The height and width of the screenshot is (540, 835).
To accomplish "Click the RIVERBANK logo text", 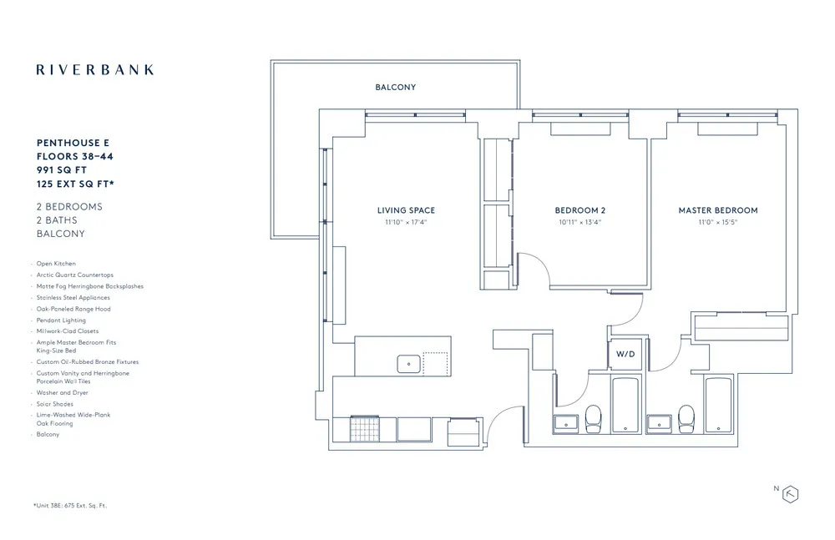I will pos(95,69).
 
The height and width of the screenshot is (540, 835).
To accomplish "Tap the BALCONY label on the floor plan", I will pos(395,87).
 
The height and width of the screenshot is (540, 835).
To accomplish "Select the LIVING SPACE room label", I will pos(406,210).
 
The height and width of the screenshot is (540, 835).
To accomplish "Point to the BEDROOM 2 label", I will pos(579,210).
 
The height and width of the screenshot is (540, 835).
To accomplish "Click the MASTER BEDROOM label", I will pos(717,210).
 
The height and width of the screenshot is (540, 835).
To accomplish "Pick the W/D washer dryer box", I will pos(625,355).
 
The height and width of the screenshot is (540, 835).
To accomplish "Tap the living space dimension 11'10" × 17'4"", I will pos(406,223).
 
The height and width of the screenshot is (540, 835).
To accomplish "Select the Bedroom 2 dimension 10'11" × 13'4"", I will pos(579,223).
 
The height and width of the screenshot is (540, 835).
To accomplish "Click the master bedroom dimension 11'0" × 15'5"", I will pos(717,223).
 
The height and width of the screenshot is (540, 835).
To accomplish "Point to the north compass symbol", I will pos(789,493).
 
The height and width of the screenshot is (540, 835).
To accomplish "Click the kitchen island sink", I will pos(408,362).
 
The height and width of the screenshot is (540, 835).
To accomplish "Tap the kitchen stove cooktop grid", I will pos(364,430).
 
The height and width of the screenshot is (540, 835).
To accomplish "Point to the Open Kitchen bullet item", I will pos(56,264).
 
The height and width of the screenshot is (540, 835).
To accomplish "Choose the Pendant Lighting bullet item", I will pos(61,320).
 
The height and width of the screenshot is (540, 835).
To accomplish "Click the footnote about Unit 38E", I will pos(70,506).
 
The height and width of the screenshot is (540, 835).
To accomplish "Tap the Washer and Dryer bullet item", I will pos(62,392).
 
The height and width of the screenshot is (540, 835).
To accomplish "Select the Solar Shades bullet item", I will pos(55,404).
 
